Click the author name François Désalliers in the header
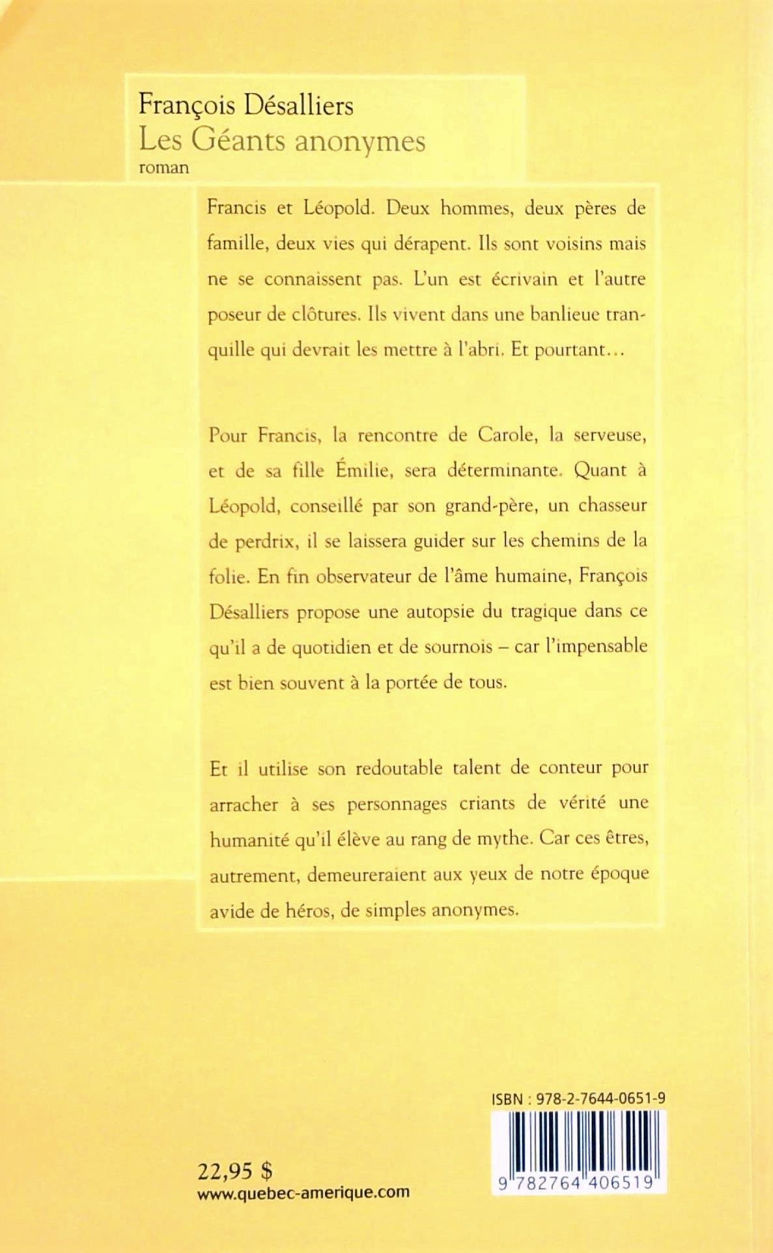(x=246, y=106)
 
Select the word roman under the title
(x=164, y=167)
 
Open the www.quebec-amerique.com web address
(x=303, y=1193)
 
